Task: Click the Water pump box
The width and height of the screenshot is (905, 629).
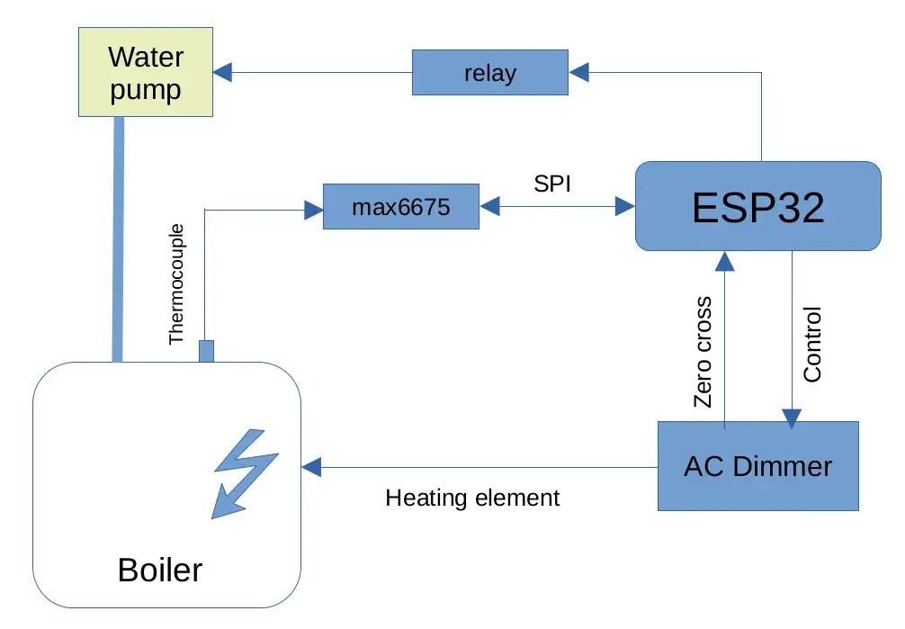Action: [x=145, y=73]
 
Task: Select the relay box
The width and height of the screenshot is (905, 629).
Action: [x=490, y=73]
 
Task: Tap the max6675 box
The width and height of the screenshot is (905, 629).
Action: [x=400, y=209]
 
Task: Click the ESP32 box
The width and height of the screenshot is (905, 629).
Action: [x=757, y=206]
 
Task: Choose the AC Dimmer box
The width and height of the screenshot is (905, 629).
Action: [x=757, y=466]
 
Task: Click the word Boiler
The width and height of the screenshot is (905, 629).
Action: [x=160, y=570]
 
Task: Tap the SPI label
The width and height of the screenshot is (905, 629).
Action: [x=552, y=184]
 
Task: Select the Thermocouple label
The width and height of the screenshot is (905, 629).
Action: [x=176, y=284]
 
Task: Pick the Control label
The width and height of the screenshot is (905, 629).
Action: [x=812, y=345]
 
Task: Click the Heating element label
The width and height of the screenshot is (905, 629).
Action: [x=472, y=498]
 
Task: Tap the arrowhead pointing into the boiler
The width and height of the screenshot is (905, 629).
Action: [x=311, y=467]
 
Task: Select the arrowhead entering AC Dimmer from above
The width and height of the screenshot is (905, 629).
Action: [x=792, y=418]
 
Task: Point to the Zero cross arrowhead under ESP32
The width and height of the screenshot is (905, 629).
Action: [x=724, y=260]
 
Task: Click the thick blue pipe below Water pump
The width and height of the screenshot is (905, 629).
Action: [x=118, y=238]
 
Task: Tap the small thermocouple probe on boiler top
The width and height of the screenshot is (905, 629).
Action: [x=206, y=351]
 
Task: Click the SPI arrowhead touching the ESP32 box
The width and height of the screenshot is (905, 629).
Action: [x=624, y=207]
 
